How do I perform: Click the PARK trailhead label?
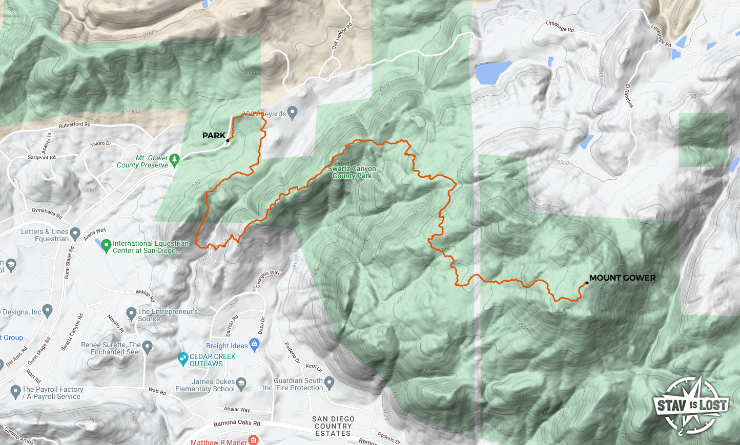click(x=214, y=136)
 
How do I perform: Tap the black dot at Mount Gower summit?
click(x=587, y=283)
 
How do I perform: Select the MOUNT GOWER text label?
click(x=622, y=278)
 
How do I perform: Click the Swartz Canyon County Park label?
click(x=352, y=172)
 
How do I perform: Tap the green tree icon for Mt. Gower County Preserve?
click(x=174, y=160)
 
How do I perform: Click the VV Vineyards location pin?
click(x=292, y=112)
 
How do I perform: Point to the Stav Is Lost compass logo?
click(x=691, y=405)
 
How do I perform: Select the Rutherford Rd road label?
click(x=75, y=124)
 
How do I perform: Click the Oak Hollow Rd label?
click(x=342, y=36)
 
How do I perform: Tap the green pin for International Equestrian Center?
click(x=106, y=246)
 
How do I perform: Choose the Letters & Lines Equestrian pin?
click(x=75, y=234)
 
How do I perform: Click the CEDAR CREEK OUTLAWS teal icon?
click(x=183, y=359)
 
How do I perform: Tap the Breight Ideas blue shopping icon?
click(x=254, y=344)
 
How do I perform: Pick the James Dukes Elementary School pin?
click(x=241, y=383)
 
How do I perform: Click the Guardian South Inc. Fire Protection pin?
click(x=330, y=382)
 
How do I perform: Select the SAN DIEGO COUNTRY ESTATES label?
click(x=333, y=426)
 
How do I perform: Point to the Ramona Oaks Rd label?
click(x=237, y=423)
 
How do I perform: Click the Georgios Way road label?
click(x=268, y=279)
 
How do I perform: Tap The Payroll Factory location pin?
click(x=15, y=392)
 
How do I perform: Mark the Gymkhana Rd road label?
click(x=47, y=213)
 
